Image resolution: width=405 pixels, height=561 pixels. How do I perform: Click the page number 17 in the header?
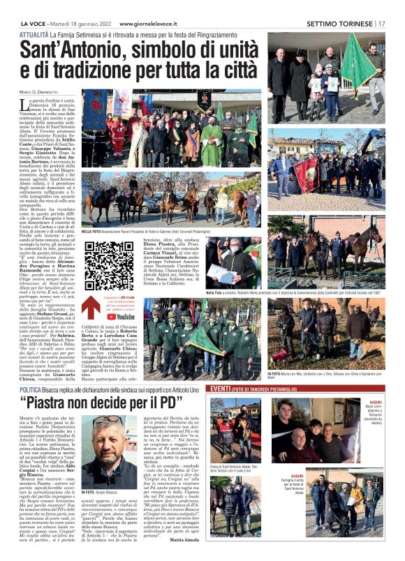click(x=382, y=23)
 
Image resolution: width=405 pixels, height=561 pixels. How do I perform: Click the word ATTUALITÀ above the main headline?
click(x=34, y=34)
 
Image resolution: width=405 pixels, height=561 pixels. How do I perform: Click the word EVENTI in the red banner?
click(x=221, y=388)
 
